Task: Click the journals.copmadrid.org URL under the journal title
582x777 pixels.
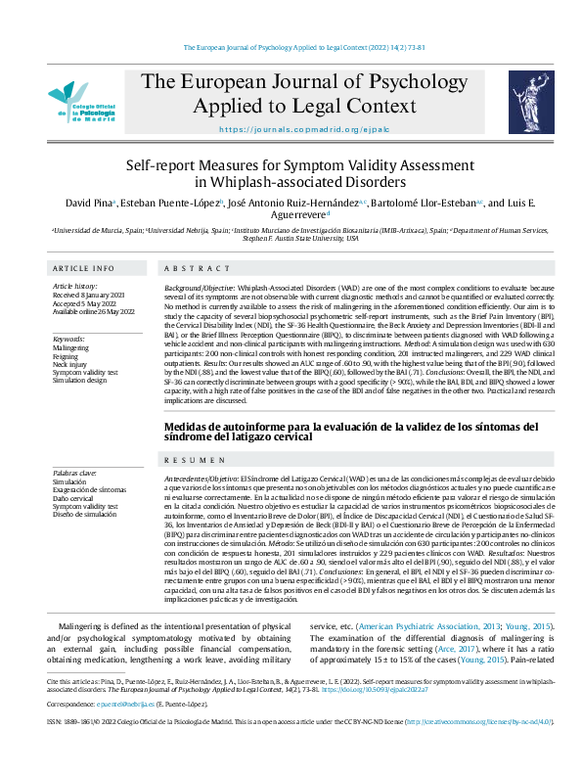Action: pos(291,129)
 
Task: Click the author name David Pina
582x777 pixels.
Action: pos(86,203)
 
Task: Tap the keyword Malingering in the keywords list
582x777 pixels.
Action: pos(70,347)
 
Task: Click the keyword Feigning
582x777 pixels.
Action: pos(66,356)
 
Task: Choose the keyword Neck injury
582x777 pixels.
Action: pos(69,365)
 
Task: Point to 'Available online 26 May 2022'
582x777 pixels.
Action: pos(99,310)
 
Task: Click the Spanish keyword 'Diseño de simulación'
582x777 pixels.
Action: pos(84,514)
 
